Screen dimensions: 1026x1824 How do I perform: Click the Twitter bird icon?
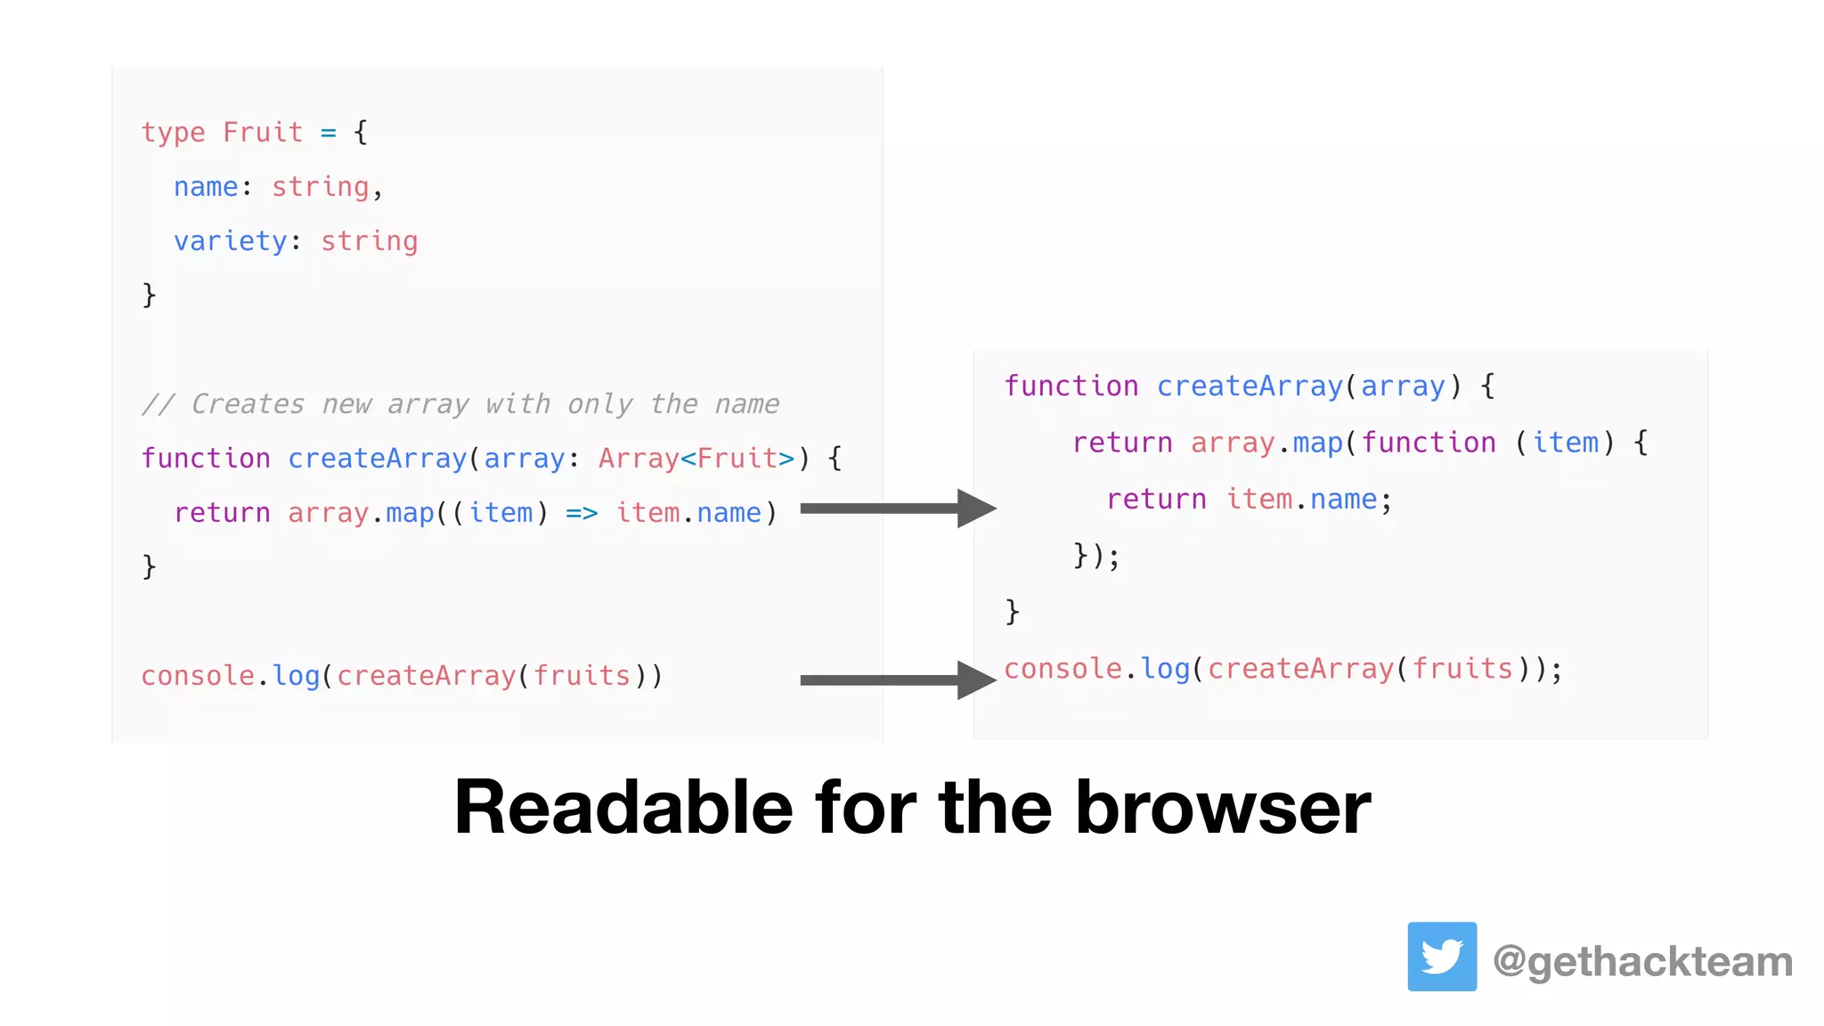pos(1441,957)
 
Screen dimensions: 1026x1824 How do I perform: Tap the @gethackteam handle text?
pos(1642,962)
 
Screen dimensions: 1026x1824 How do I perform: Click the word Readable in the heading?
pos(623,807)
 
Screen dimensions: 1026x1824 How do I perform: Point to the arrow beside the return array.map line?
pos(898,509)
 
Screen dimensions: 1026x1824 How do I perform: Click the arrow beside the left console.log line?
pos(898,680)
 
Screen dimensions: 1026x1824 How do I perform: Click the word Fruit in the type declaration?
pos(263,132)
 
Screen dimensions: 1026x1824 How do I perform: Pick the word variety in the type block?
pos(231,241)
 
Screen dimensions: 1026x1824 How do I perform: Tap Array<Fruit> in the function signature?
pos(696,459)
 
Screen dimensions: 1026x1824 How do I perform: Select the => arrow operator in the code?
pos(582,513)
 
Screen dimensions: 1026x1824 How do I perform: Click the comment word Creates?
pos(248,404)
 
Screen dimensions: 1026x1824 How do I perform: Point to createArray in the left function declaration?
pos(377,459)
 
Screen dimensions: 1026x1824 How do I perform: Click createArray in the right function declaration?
pos(1249,387)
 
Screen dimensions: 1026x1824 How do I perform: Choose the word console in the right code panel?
pos(1063,669)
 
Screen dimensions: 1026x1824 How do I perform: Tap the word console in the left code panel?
pos(198,676)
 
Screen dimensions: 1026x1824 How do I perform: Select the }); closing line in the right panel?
pos(1095,556)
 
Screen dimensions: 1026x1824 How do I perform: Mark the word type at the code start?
pos(173,133)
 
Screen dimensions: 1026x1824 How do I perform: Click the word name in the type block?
pos(206,187)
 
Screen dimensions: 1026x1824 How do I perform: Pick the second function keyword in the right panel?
pos(1428,443)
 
